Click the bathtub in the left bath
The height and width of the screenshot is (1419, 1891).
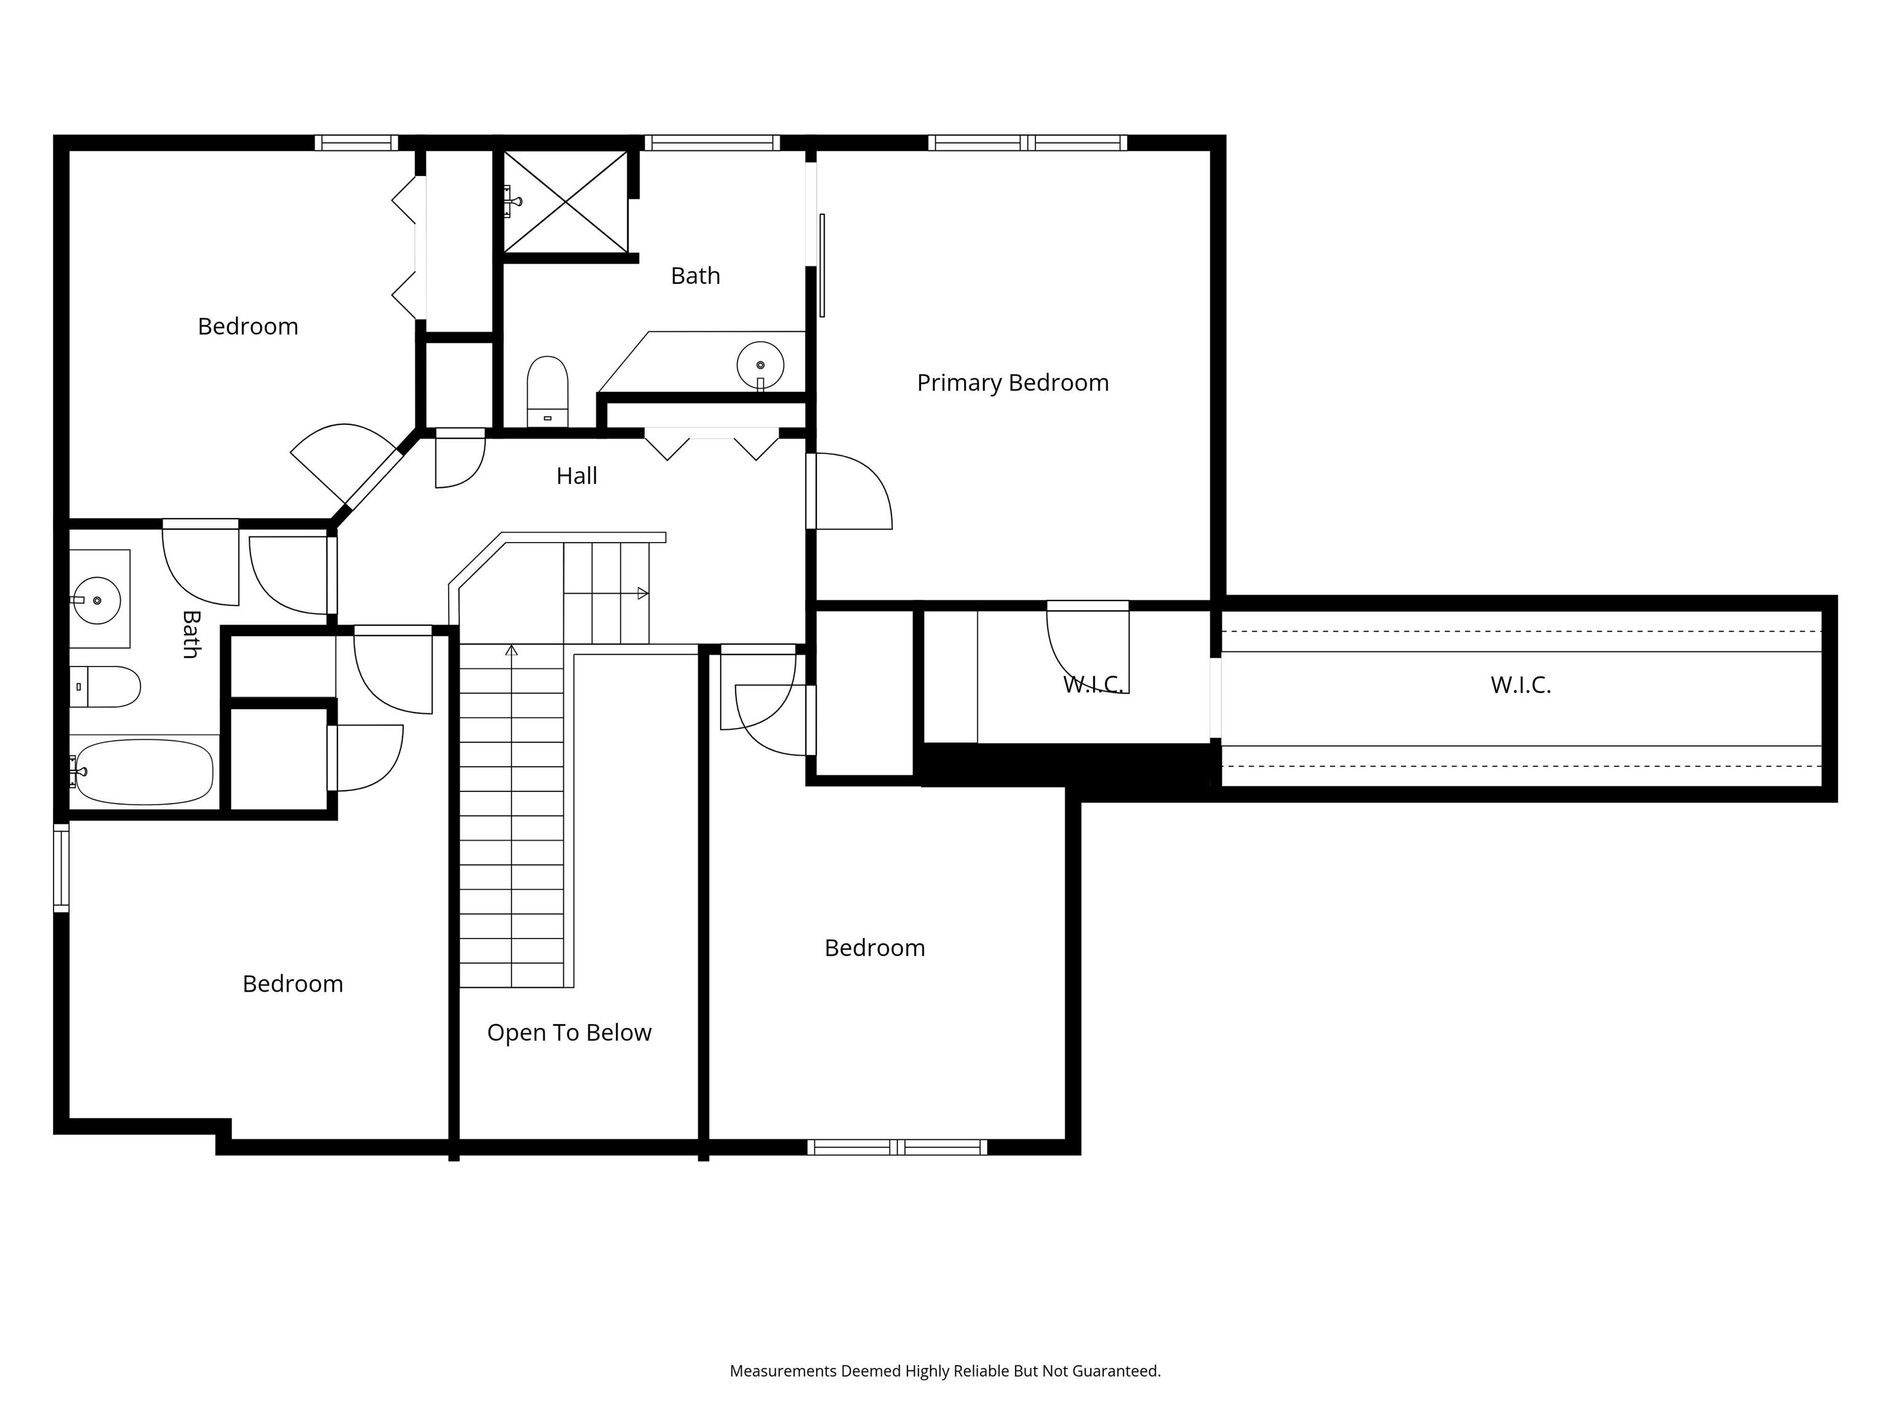click(x=142, y=772)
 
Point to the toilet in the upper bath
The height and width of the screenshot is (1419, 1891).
click(x=547, y=392)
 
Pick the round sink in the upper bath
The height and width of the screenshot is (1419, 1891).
click(x=760, y=365)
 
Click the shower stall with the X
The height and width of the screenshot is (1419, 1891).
click(x=565, y=202)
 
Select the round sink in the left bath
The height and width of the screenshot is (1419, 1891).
click(x=96, y=600)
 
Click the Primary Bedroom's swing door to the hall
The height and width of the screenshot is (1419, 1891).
click(x=849, y=491)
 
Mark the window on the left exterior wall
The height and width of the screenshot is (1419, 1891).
click(x=61, y=867)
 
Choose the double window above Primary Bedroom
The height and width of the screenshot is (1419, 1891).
click(x=1027, y=143)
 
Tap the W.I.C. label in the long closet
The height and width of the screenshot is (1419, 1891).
click(x=1521, y=685)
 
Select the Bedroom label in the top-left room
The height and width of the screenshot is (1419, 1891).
click(x=248, y=327)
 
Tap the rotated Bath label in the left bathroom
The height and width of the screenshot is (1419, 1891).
click(x=191, y=634)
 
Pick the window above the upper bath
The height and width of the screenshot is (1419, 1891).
click(x=712, y=143)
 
